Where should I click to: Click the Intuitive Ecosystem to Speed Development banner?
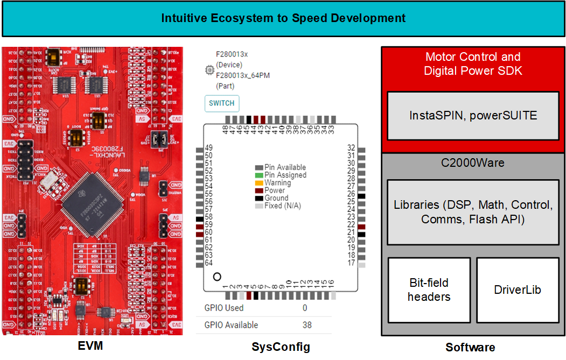coord(283,18)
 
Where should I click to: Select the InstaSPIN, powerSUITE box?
coord(473,116)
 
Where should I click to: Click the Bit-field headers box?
coord(429,290)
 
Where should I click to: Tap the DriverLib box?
coord(517,290)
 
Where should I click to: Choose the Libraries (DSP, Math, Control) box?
coord(473,212)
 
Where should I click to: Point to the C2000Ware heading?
coord(473,163)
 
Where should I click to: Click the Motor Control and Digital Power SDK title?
coord(473,63)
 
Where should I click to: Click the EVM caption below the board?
coord(90,346)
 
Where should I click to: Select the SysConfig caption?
coord(281,347)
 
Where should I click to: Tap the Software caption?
coord(470,347)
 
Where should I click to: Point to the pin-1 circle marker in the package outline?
coord(217,277)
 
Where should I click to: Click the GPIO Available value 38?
coord(306,325)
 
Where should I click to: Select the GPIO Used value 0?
coord(305,308)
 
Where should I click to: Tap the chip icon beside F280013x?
coord(209,70)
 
